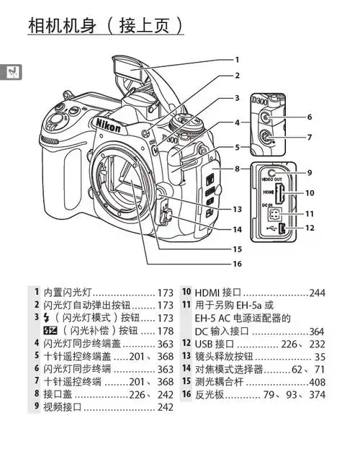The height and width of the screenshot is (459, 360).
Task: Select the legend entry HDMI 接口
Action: tap(216, 293)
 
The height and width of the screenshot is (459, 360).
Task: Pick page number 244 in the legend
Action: tap(317, 293)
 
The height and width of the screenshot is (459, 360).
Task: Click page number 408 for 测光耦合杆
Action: tap(317, 382)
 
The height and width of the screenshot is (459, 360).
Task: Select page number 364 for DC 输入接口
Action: tap(317, 331)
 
